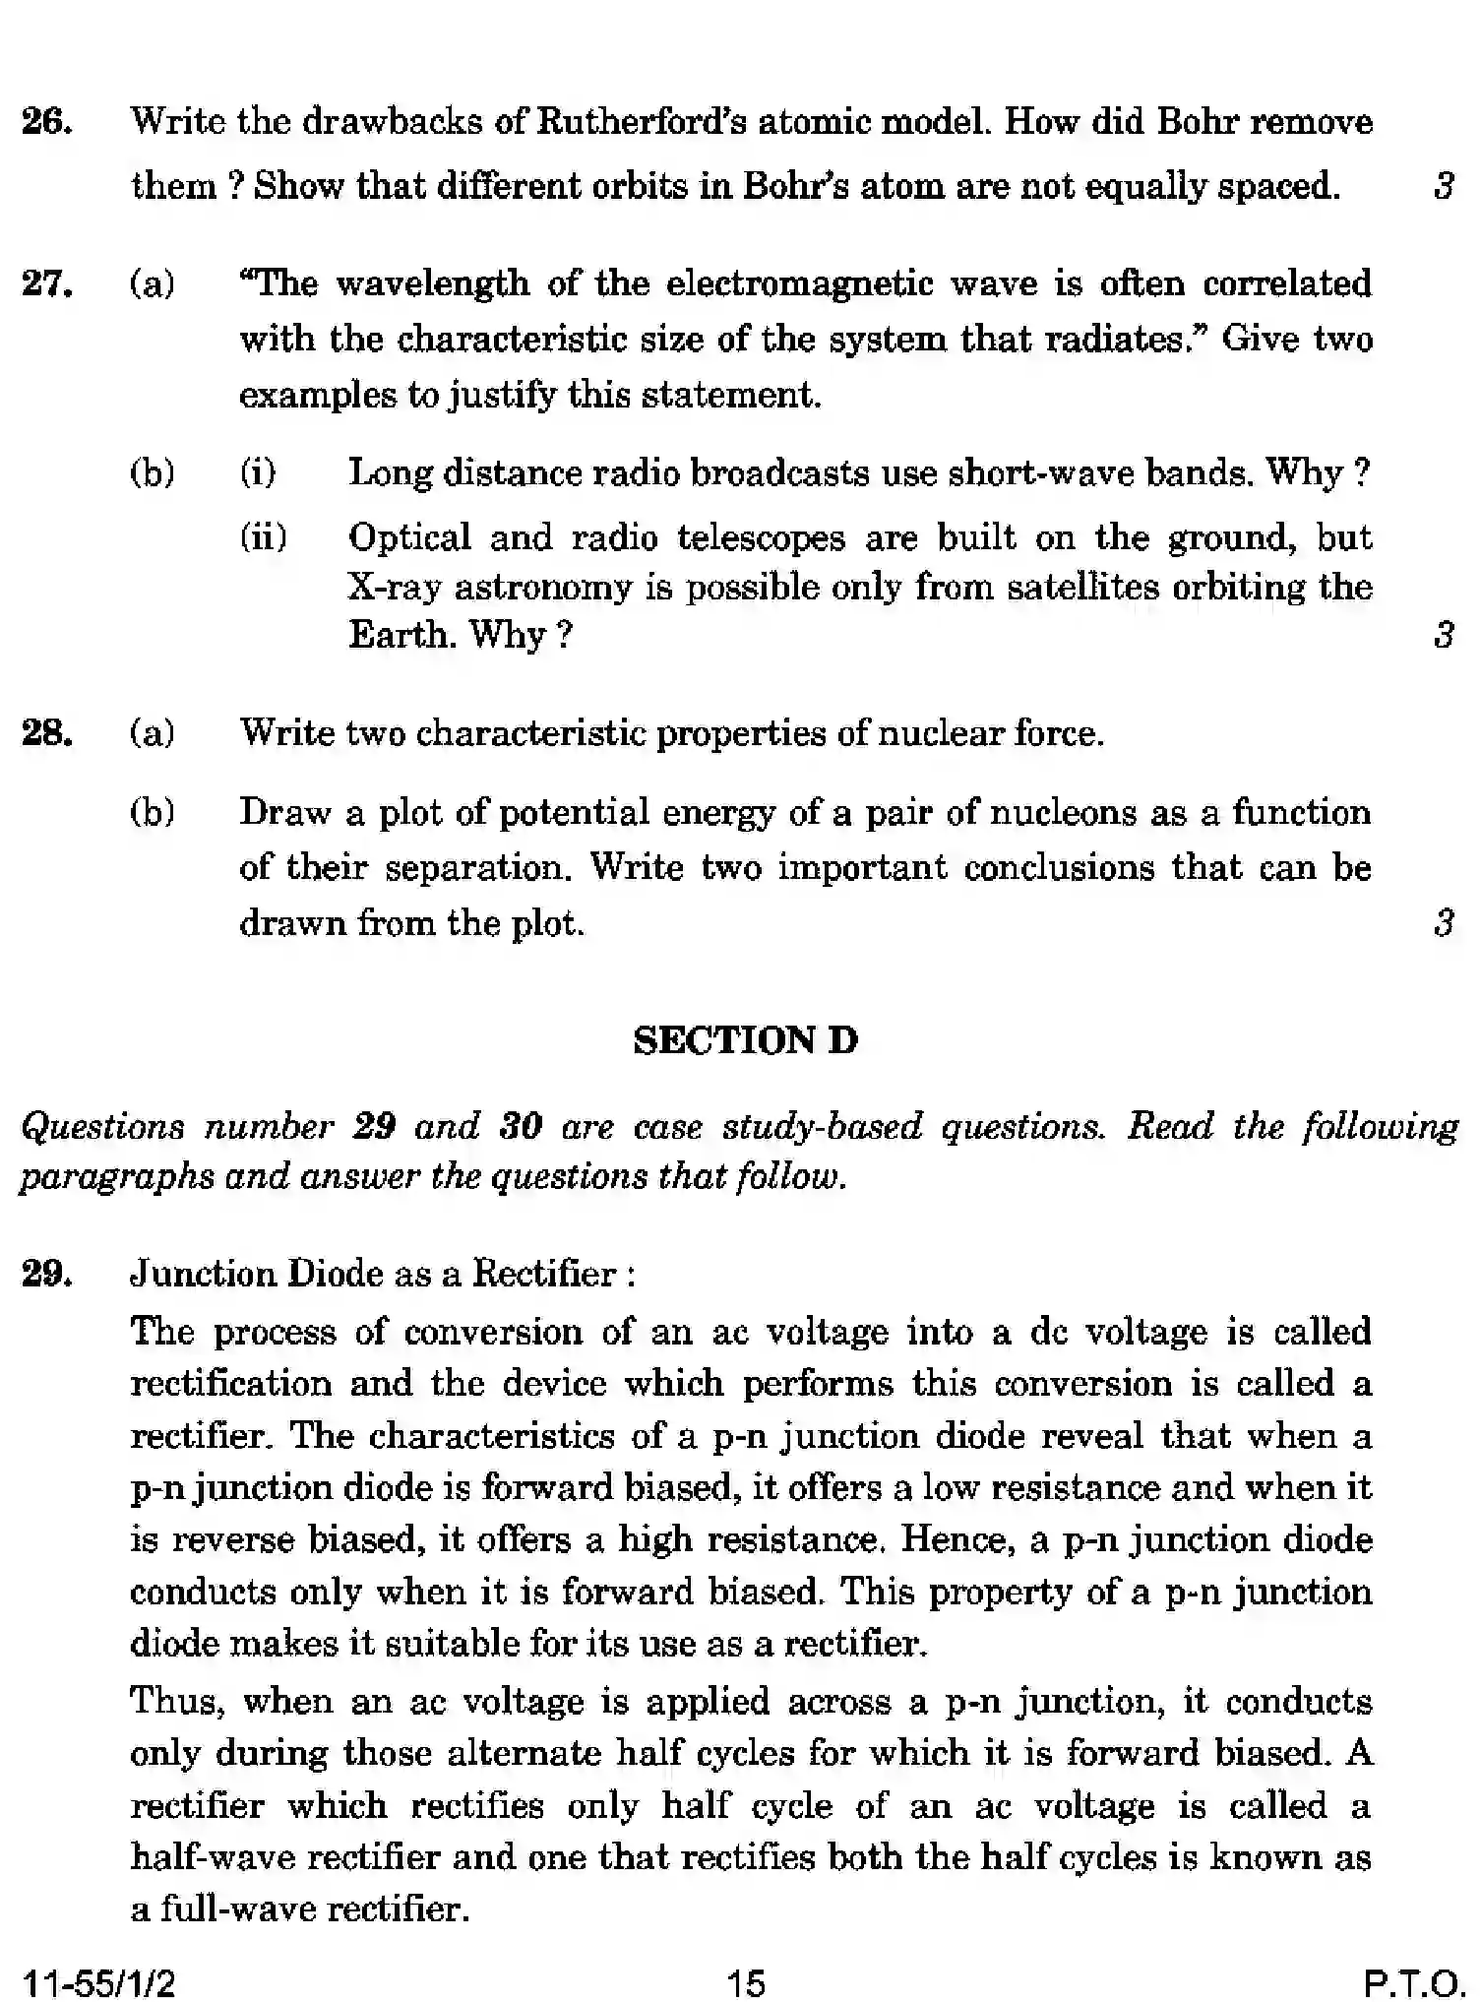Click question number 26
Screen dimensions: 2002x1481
point(46,123)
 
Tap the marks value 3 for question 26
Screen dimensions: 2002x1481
point(1443,186)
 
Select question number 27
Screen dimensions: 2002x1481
point(46,284)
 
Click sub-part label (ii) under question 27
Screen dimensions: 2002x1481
point(263,537)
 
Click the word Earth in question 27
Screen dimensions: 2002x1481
point(399,636)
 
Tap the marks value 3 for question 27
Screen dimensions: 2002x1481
point(1443,636)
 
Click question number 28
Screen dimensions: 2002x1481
point(46,733)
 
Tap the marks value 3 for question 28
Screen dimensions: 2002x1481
point(1443,924)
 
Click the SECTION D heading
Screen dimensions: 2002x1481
point(745,1041)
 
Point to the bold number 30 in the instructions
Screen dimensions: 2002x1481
point(521,1126)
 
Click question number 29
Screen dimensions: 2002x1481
point(46,1275)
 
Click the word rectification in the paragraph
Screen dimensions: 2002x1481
point(230,1384)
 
